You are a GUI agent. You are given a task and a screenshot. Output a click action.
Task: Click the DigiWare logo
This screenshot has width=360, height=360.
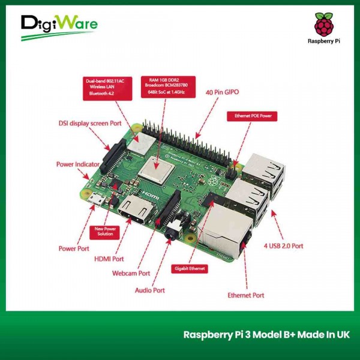click(58, 26)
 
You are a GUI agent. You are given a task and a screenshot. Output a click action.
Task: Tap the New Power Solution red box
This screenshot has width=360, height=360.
click(105, 231)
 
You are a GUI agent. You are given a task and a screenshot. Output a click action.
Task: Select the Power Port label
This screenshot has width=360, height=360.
click(74, 248)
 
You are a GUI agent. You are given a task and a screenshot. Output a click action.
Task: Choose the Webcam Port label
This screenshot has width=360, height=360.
click(131, 273)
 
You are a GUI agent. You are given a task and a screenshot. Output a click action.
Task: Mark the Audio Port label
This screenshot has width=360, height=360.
click(149, 290)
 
